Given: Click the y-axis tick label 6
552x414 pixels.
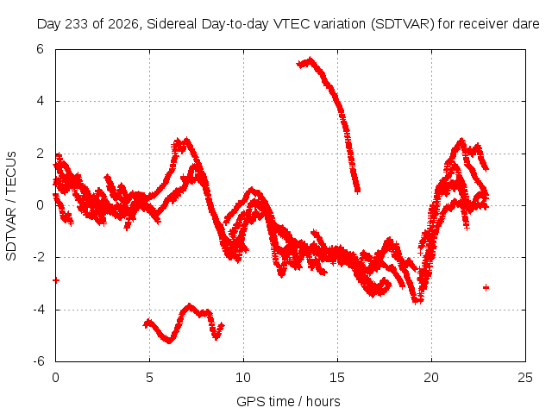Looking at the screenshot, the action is coord(40,49).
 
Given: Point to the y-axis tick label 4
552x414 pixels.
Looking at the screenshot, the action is coord(41,101).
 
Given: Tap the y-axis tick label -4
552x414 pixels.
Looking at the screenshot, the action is coord(39,310).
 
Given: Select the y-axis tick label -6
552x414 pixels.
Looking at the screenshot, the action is coord(39,361).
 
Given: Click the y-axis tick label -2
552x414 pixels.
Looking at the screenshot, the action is coord(39,257).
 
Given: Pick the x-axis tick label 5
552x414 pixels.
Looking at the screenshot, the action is coord(149,378).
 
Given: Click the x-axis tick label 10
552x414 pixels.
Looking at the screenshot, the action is coord(243,378).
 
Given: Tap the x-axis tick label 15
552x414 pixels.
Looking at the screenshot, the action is coord(337,378).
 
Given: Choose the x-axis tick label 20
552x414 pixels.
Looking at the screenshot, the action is coord(431,378).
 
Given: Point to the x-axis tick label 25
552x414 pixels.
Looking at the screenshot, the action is coord(525,378).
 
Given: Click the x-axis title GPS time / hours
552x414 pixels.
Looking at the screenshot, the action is coord(288,401).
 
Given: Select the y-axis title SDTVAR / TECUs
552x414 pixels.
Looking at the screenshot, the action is coord(11,206).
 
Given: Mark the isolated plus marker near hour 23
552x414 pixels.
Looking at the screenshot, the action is coord(486,287).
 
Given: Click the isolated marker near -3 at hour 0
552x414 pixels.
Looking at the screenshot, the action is coord(56,280).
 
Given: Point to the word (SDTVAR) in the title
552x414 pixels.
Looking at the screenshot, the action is coord(403,24).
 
